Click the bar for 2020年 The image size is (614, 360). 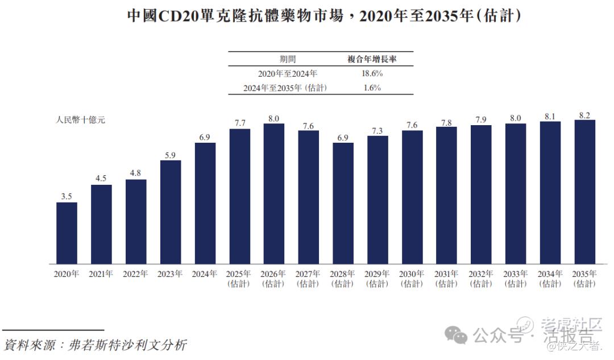click(x=67, y=233)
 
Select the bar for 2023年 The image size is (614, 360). click(x=171, y=212)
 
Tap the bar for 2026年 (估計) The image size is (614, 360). click(x=273, y=194)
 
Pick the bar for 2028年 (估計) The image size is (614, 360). click(x=343, y=203)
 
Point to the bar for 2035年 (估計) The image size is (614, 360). click(x=584, y=192)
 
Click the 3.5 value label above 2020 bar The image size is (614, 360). click(x=67, y=197)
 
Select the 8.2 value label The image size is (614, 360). click(x=584, y=114)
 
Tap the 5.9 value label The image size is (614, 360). click(x=171, y=155)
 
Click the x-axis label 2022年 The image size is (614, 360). click(x=136, y=274)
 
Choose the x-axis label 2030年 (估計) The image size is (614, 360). click(x=412, y=279)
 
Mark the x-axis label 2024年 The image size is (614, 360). click(x=205, y=274)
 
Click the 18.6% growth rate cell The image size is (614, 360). click(x=372, y=74)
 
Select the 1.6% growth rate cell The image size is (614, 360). click(x=372, y=88)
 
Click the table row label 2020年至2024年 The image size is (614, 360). click(x=287, y=74)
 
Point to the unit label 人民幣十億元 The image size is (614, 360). click(x=80, y=120)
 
